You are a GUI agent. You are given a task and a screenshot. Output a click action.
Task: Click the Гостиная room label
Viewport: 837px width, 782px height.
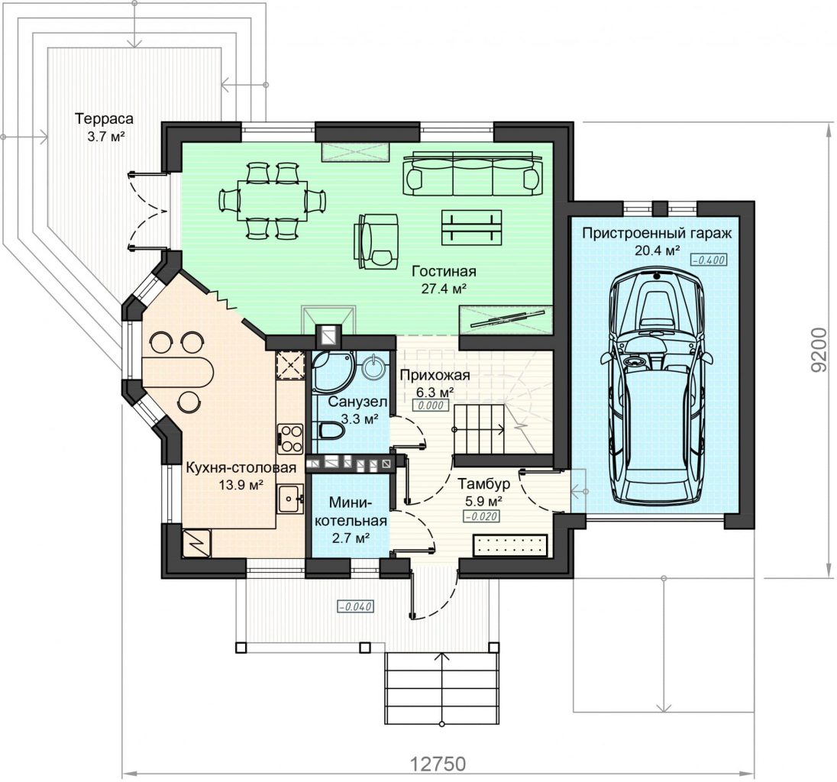pyautogui.click(x=444, y=271)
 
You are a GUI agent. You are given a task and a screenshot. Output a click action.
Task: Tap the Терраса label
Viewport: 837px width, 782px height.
pyautogui.click(x=104, y=118)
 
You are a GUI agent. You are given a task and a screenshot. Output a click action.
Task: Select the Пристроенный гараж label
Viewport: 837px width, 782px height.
pyautogui.click(x=657, y=233)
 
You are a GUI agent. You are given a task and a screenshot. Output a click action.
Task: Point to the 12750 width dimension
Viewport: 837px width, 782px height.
pyautogui.click(x=438, y=764)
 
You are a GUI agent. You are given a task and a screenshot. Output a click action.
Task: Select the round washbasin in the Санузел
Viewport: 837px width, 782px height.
pyautogui.click(x=375, y=367)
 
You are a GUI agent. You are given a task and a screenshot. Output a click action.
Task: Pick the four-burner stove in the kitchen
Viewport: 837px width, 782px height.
pyautogui.click(x=290, y=439)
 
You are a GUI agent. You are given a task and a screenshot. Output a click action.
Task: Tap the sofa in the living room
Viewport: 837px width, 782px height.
pyautogui.click(x=473, y=174)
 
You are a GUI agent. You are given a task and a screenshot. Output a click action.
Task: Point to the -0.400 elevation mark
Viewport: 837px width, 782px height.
pyautogui.click(x=709, y=260)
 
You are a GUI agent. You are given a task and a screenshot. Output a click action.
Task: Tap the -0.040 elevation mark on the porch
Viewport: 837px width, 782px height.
pyautogui.click(x=355, y=606)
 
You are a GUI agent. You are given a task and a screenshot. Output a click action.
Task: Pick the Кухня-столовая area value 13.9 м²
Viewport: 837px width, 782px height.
pyautogui.click(x=241, y=485)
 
